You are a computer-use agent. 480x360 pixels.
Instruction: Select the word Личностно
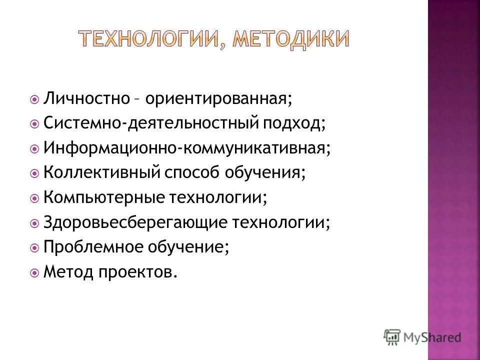[x=86, y=97]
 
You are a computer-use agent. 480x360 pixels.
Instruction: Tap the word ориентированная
[x=216, y=97]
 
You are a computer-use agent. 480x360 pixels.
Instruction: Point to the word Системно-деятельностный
[x=149, y=122]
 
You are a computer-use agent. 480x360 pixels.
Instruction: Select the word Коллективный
[x=101, y=172]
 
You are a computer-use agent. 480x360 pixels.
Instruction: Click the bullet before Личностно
[x=34, y=98]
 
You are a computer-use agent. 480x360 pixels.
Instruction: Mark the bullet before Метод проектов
[x=34, y=273]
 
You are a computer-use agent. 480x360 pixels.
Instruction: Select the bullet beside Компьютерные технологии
[x=34, y=198]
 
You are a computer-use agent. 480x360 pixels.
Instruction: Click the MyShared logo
[x=422, y=336]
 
